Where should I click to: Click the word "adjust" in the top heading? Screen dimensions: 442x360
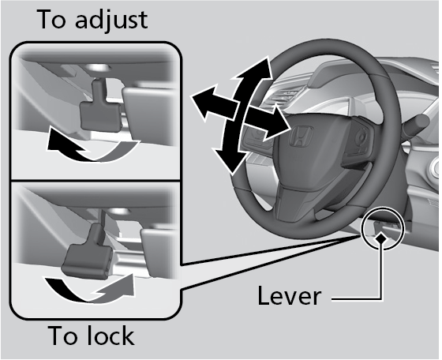[x=111, y=21]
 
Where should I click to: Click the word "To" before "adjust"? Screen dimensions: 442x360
[x=51, y=19]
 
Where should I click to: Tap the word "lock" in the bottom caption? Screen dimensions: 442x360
[x=110, y=336]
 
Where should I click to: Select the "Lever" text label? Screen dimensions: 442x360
[x=289, y=295]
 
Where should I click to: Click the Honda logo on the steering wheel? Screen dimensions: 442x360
[x=301, y=136]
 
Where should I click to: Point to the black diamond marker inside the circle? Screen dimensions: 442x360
[x=381, y=238]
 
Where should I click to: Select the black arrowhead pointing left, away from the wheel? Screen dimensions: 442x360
[x=202, y=101]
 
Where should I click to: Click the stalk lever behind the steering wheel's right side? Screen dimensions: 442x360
[x=417, y=122]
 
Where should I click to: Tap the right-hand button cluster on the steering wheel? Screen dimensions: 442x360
[x=359, y=139]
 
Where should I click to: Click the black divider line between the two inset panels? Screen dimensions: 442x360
[x=96, y=180]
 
